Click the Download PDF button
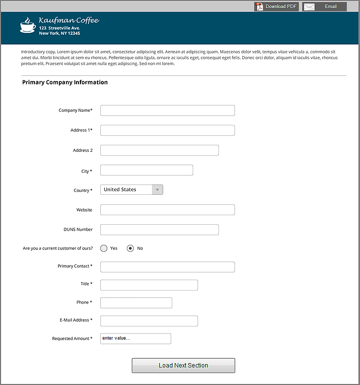pyautogui.click(x=276, y=6)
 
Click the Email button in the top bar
pyautogui.click(x=325, y=6)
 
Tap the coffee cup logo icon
pyautogui.click(x=27, y=25)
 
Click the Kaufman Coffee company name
pyautogui.click(x=69, y=20)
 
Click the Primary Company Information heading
pyautogui.click(x=65, y=82)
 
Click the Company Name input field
pyautogui.click(x=167, y=110)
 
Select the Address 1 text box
pyautogui.click(x=167, y=130)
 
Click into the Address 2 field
pyautogui.click(x=159, y=150)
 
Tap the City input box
pyautogui.click(x=146, y=170)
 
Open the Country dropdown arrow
pyautogui.click(x=157, y=190)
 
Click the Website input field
pyautogui.click(x=167, y=210)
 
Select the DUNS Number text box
pyautogui.click(x=159, y=230)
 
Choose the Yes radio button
pyautogui.click(x=104, y=248)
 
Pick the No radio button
pyautogui.click(x=130, y=248)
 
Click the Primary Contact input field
pyautogui.click(x=167, y=267)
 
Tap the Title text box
pyautogui.click(x=149, y=285)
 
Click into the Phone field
pyautogui.click(x=136, y=303)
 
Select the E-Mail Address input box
pyautogui.click(x=149, y=321)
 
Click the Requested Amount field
pyautogui.click(x=135, y=339)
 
